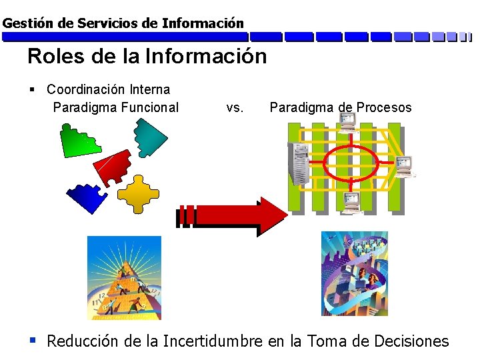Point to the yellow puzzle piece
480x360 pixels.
(138, 194)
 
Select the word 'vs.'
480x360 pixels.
(235, 107)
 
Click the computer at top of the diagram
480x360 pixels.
(347, 122)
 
